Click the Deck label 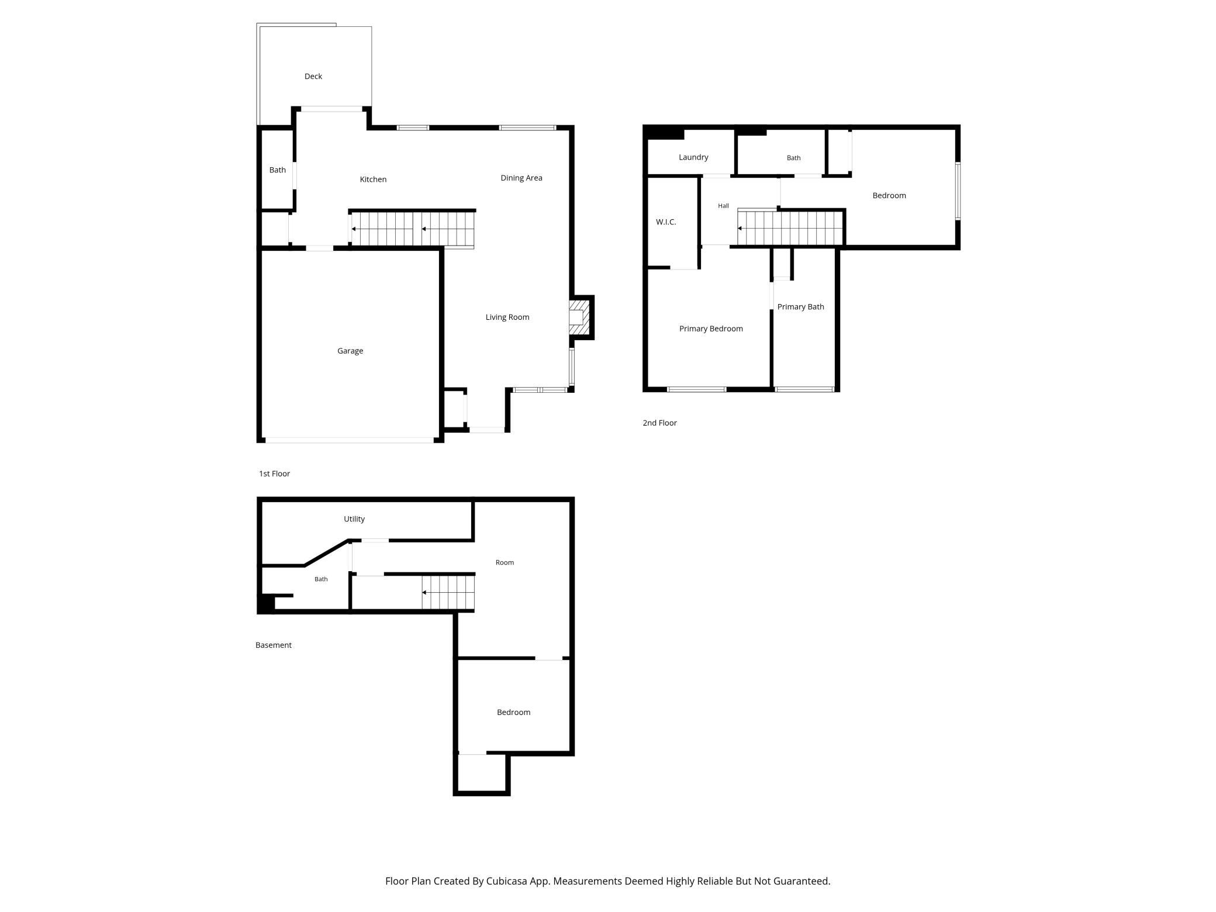pyautogui.click(x=313, y=76)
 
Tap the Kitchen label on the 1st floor pyautogui.click(x=373, y=179)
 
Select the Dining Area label pyautogui.click(x=521, y=178)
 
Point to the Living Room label pyautogui.click(x=507, y=317)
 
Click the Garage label pyautogui.click(x=350, y=351)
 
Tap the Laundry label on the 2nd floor pyautogui.click(x=693, y=157)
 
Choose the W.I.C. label pyautogui.click(x=666, y=222)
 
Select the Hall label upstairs pyautogui.click(x=723, y=206)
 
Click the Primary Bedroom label pyautogui.click(x=711, y=329)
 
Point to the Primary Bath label pyautogui.click(x=800, y=307)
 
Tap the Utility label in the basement pyautogui.click(x=354, y=519)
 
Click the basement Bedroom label pyautogui.click(x=513, y=712)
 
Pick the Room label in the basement pyautogui.click(x=505, y=562)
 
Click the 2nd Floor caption pyautogui.click(x=659, y=423)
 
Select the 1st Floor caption pyautogui.click(x=274, y=474)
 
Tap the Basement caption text pyautogui.click(x=273, y=645)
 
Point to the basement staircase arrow pyautogui.click(x=448, y=592)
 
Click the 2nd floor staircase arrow pyautogui.click(x=790, y=228)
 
